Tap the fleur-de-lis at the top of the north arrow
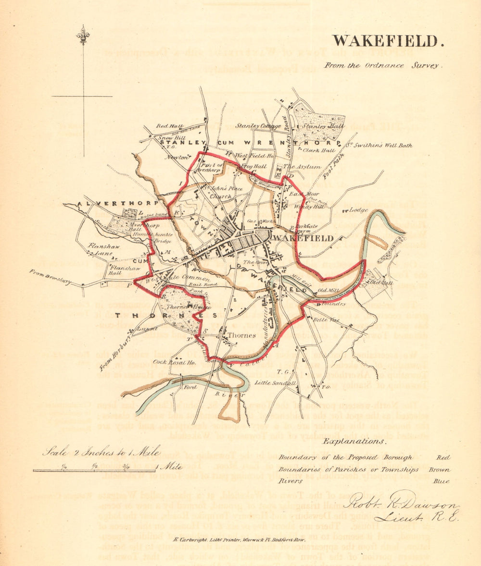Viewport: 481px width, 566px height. pos(83,35)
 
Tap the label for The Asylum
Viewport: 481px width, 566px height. pos(302,166)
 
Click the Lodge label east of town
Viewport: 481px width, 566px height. pos(359,210)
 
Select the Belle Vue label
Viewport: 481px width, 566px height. pos(324,320)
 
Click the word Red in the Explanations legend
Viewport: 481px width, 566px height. pos(443,458)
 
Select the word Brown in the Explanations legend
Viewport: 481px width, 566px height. pos(440,469)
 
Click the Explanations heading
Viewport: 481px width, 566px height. pos(354,441)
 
